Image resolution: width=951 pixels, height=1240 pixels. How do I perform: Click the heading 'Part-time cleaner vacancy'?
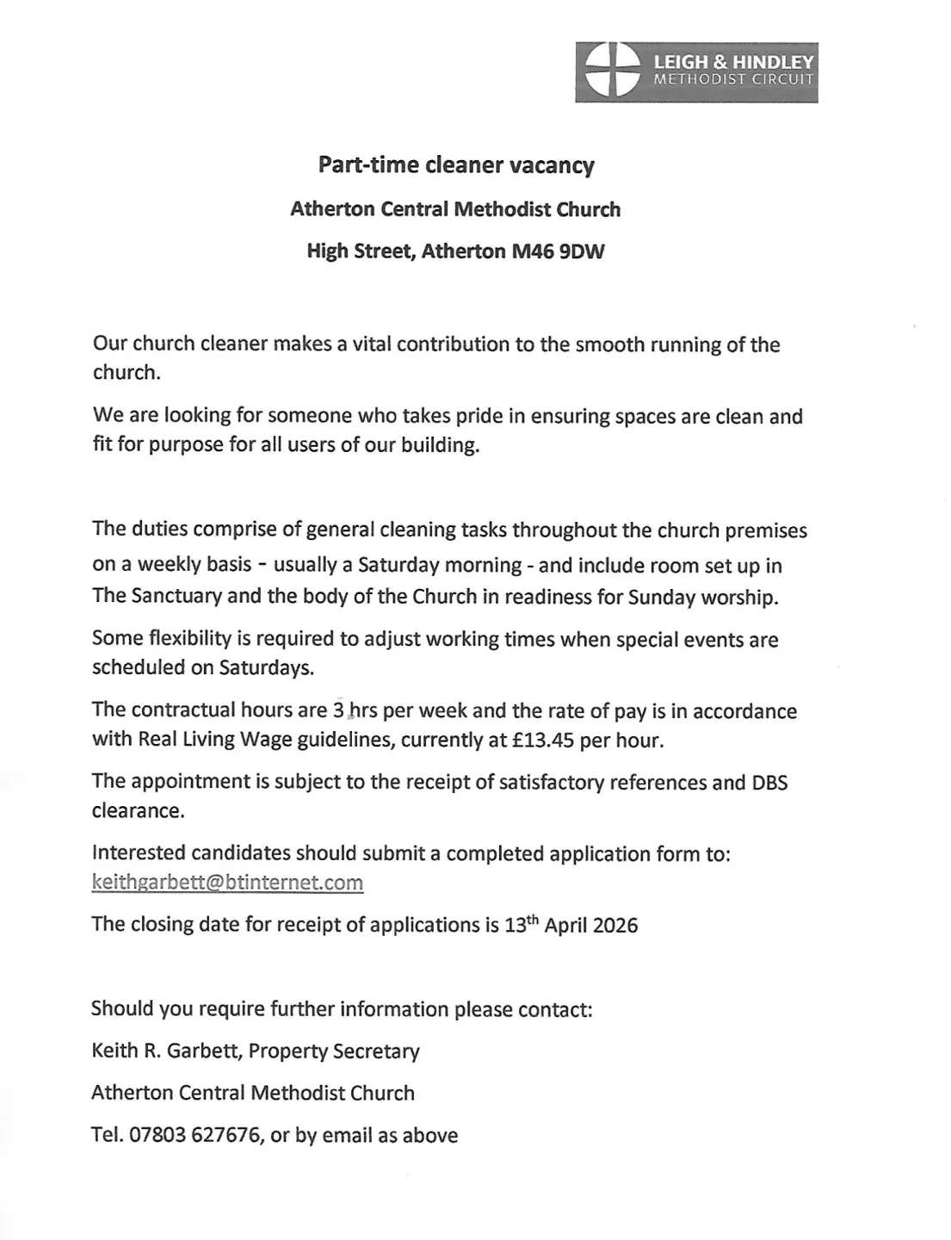point(456,164)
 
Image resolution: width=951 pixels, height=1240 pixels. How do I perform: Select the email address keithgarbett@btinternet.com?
point(227,883)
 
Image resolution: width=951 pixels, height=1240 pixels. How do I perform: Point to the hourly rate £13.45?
point(543,741)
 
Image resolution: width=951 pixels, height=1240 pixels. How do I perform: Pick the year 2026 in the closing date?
point(615,926)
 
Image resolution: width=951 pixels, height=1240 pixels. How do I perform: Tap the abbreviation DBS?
point(769,783)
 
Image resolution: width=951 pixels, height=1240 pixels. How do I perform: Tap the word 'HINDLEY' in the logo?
point(773,63)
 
